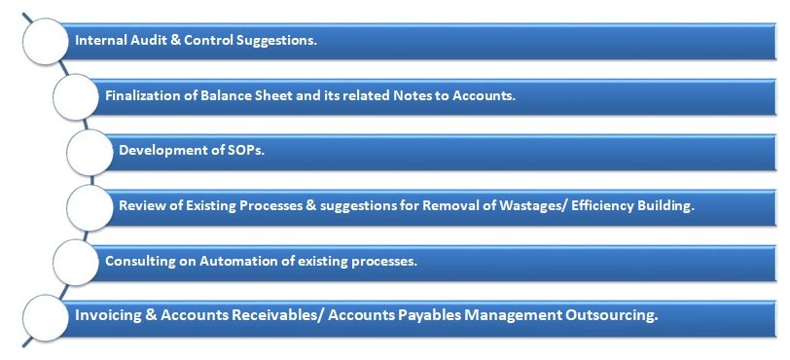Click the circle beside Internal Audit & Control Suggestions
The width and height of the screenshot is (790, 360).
tap(46, 41)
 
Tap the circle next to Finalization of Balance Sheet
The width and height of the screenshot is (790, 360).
tap(76, 96)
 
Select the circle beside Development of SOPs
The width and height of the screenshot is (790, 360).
tap(90, 152)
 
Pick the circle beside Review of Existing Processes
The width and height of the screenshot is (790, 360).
tap(90, 208)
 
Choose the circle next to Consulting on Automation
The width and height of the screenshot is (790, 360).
tap(76, 264)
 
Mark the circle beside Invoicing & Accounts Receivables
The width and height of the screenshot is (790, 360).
tap(46, 318)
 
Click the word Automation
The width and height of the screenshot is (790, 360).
tap(234, 262)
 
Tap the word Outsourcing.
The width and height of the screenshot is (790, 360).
tap(612, 316)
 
